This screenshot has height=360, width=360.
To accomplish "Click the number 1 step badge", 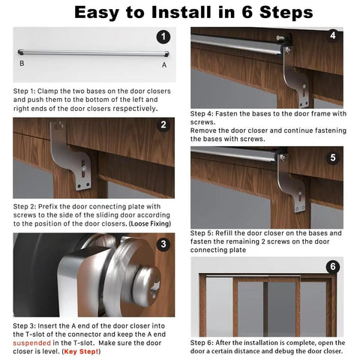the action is [x=163, y=37].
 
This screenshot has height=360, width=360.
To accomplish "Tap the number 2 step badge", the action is [x=163, y=124].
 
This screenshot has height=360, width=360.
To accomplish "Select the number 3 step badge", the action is [x=163, y=244].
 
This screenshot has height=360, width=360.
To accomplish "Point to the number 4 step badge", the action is [x=333, y=35].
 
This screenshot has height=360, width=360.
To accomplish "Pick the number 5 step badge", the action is [x=333, y=157].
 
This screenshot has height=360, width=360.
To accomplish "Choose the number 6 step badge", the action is [x=333, y=266].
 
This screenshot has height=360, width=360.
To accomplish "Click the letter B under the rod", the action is [x=22, y=64].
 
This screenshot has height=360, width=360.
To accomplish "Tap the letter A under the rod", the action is [x=164, y=65].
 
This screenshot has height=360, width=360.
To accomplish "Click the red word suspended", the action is [x=31, y=343].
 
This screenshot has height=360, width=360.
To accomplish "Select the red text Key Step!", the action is [x=81, y=352].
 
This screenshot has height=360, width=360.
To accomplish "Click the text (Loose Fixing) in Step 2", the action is [x=150, y=223].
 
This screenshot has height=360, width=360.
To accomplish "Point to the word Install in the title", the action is [x=181, y=12].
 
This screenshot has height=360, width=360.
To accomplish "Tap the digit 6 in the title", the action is [x=247, y=12].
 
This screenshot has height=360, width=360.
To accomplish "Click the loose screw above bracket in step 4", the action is [x=280, y=38].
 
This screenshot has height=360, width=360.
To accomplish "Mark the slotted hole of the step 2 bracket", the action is [x=83, y=169].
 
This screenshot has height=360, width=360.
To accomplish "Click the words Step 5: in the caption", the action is [x=202, y=233].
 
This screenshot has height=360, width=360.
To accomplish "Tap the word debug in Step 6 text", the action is [x=273, y=351].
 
